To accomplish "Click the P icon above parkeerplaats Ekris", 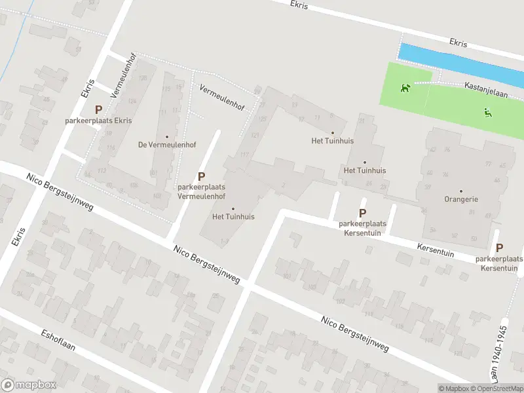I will click(99, 110).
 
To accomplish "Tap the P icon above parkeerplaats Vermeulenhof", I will click(202, 176).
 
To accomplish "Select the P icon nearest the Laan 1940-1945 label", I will click(500, 248).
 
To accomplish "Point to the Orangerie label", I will click(461, 199).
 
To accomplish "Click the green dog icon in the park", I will click(406, 88).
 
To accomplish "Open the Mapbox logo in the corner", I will click(29, 385).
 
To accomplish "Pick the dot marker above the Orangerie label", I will click(461, 191).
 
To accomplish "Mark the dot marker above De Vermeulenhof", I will click(167, 137).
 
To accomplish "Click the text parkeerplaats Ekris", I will click(98, 121).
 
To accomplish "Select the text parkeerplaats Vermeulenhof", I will click(202, 191).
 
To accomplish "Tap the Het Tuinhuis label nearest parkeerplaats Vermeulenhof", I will click(233, 216).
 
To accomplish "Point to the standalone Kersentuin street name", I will click(436, 250).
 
